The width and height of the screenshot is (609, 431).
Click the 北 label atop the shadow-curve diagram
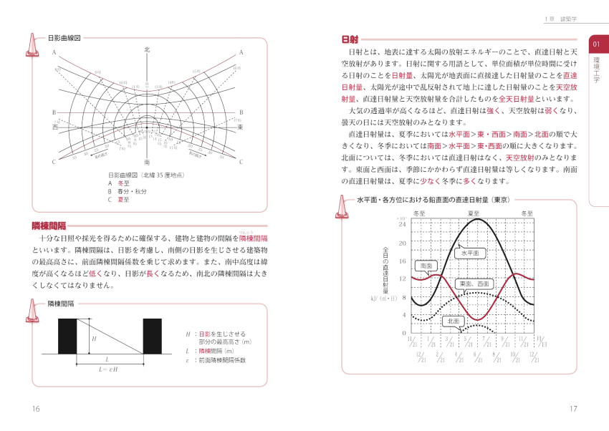[x=147, y=49]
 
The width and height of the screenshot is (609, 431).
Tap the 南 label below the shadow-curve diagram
[x=147, y=162]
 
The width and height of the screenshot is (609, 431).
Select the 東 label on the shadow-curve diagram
[x=241, y=127]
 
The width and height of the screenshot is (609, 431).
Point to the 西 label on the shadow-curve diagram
[x=54, y=127]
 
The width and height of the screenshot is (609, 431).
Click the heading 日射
[x=351, y=39]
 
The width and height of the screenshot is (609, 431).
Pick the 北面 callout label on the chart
[x=452, y=321]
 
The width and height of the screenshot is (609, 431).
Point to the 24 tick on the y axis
[x=403, y=224]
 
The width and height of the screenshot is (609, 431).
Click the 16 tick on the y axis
[x=403, y=261]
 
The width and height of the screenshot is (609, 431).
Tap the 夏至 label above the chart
[x=474, y=213]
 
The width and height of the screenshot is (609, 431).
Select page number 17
[x=572, y=409]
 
